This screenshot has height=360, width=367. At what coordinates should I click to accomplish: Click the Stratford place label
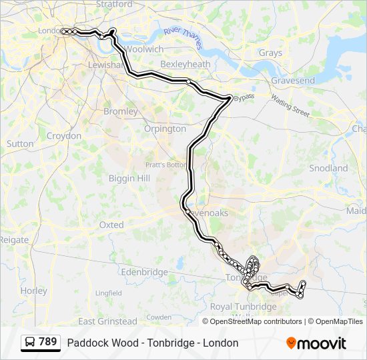click(x=114, y=4)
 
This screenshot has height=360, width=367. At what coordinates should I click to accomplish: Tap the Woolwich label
click(x=145, y=49)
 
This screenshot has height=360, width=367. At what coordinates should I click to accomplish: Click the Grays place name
click(x=270, y=53)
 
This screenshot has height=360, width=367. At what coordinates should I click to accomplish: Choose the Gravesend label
click(x=293, y=81)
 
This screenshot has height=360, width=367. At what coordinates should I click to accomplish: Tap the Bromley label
click(x=120, y=111)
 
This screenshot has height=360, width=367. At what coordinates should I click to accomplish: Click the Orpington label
click(x=165, y=129)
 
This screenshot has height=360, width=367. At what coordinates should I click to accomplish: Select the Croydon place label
click(x=64, y=136)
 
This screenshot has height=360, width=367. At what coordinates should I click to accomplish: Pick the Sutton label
click(x=20, y=143)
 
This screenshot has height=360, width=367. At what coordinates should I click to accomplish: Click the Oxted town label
click(x=111, y=225)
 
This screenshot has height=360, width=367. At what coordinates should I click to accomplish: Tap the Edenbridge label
click(x=144, y=272)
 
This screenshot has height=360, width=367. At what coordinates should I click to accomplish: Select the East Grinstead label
click(x=107, y=321)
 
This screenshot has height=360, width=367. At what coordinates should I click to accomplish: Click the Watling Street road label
click(x=290, y=106)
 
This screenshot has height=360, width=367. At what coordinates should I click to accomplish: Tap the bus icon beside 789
click(x=31, y=343)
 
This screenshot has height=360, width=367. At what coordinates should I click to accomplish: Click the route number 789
click(x=47, y=342)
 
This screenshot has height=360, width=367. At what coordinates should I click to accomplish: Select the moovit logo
click(x=316, y=343)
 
